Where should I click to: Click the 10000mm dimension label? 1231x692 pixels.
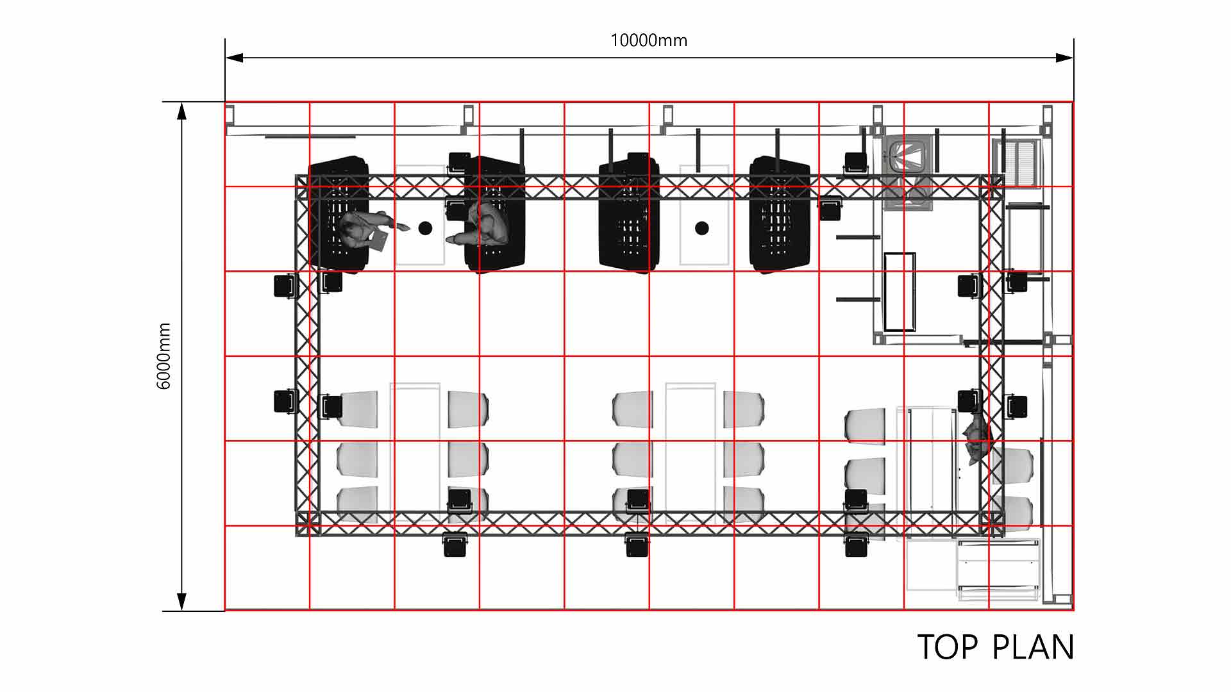tap(649, 40)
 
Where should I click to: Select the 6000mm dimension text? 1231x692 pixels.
tap(164, 356)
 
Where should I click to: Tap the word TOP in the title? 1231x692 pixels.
tap(948, 647)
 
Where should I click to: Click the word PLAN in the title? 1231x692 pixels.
tap(1033, 647)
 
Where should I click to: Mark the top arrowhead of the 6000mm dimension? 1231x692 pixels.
tap(182, 111)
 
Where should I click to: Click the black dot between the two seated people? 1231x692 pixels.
tap(424, 227)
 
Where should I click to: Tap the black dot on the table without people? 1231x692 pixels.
tap(702, 227)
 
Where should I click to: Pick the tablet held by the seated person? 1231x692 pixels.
tap(379, 241)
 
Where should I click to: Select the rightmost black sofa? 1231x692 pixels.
tap(780, 215)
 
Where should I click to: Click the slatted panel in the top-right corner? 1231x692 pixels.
tap(1018, 163)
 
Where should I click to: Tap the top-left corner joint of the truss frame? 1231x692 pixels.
tap(307, 186)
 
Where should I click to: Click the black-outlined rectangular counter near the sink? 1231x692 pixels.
tap(900, 292)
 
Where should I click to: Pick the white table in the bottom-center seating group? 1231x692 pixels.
tap(691, 449)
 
